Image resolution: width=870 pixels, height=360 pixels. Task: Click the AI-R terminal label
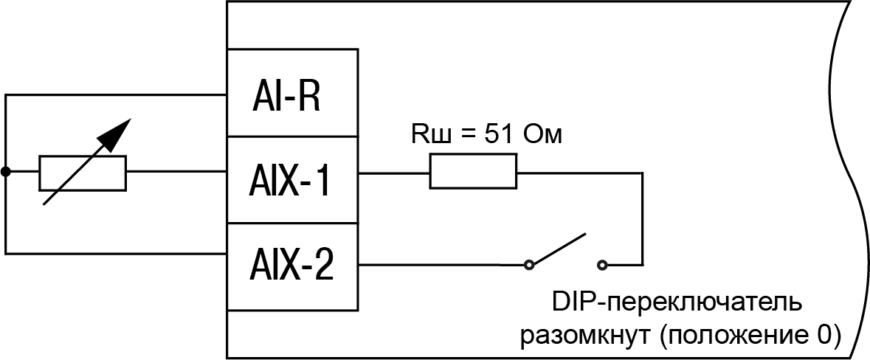[289, 94]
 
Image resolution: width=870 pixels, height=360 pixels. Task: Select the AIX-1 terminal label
[289, 181]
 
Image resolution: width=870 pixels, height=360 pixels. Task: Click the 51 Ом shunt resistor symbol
[473, 173]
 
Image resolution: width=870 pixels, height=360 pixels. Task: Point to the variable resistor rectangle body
[83, 173]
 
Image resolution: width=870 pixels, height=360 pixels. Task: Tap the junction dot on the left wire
[6, 173]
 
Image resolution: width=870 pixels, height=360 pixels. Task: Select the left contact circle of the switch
[528, 263]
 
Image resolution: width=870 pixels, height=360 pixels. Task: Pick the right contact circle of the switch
[604, 263]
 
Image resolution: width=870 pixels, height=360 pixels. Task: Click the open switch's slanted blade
[559, 249]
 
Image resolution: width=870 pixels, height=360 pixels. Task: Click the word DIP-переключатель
[674, 303]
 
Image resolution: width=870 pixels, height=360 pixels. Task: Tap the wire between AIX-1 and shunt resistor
[394, 173]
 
